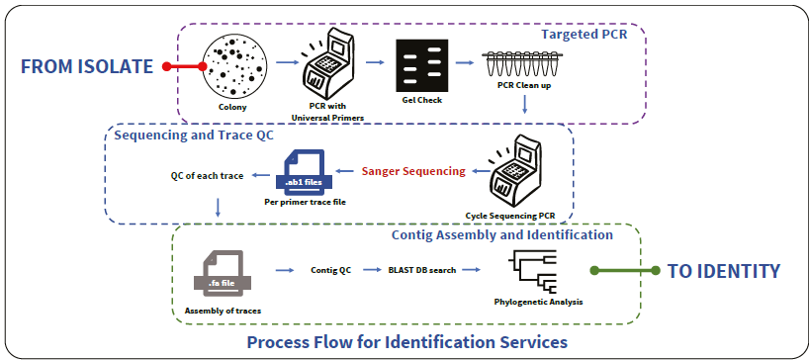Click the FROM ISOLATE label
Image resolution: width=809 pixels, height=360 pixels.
coord(87,67)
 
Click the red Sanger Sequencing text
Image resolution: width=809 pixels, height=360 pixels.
coord(412,171)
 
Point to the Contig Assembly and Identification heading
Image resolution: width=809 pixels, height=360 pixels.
coord(501,235)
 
